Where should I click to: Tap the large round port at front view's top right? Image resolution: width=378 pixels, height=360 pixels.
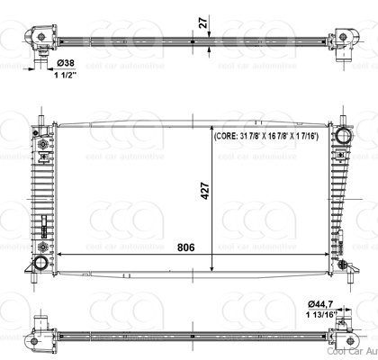coord(342,135)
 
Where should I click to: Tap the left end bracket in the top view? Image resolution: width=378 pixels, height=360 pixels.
coord(40,41)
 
